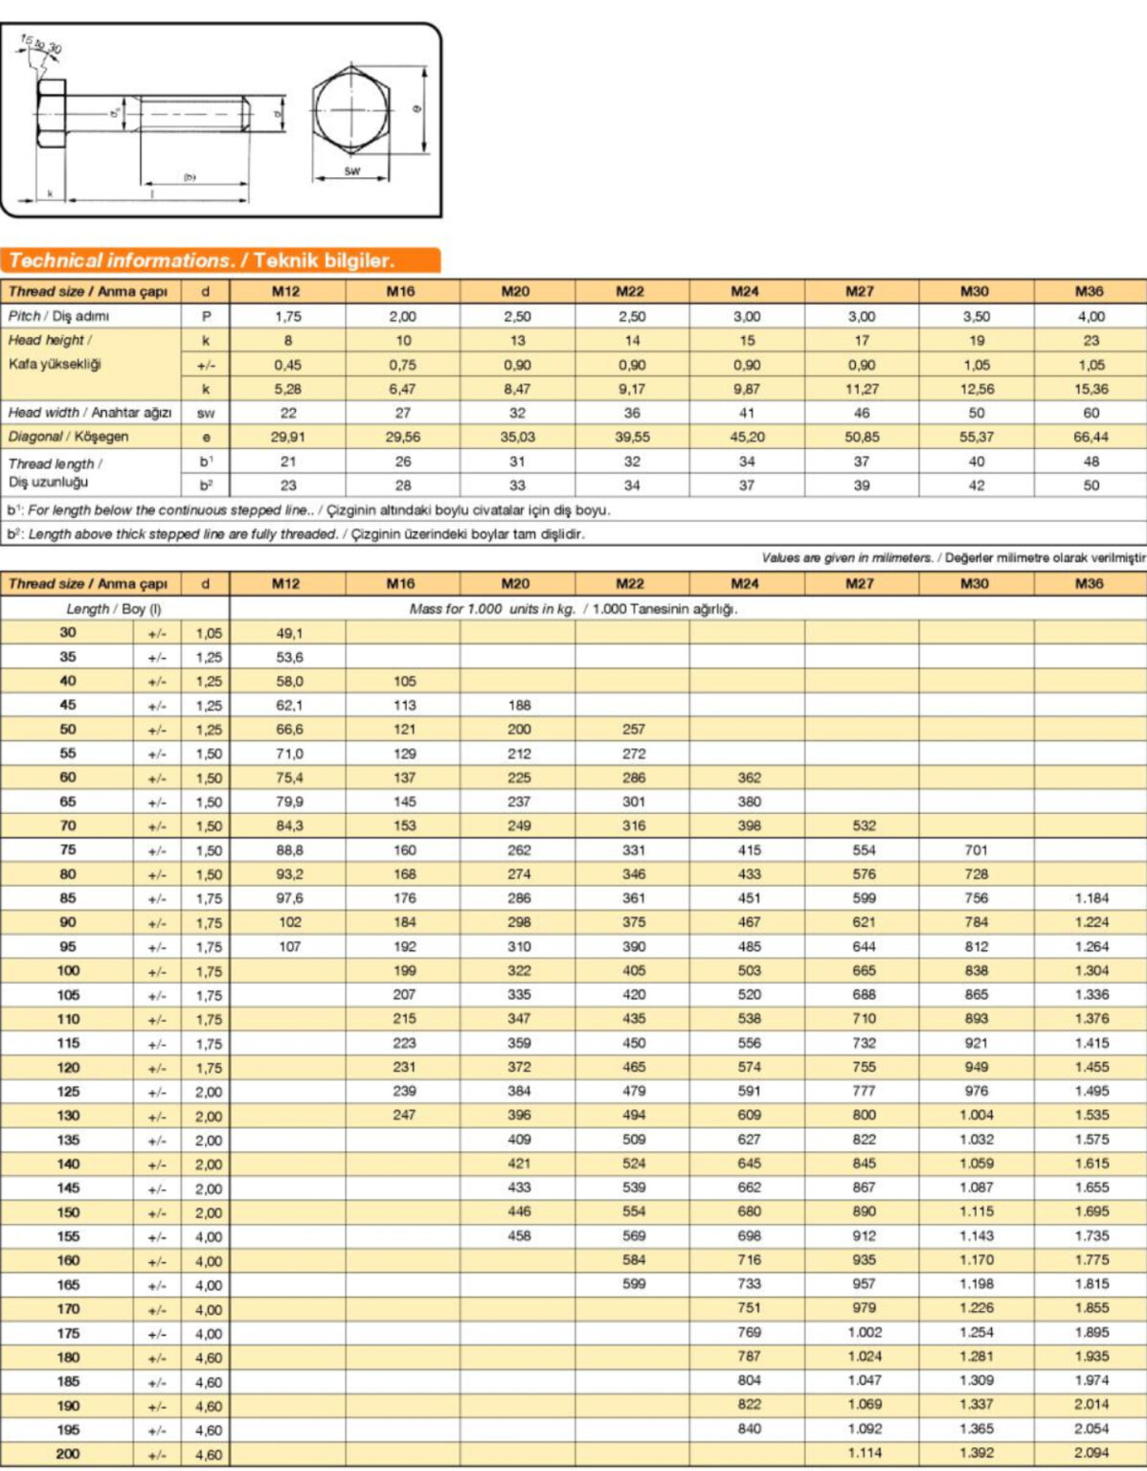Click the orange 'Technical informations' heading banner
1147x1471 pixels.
click(220, 260)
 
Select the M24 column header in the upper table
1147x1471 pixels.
click(745, 291)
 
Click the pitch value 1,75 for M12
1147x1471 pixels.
click(288, 316)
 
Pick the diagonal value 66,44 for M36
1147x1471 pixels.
click(1091, 437)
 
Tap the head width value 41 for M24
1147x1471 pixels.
click(747, 413)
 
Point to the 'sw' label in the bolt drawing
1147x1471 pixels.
click(352, 170)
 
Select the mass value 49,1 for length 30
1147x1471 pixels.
click(289, 633)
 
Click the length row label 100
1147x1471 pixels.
click(68, 970)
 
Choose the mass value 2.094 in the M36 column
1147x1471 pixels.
click(1091, 1453)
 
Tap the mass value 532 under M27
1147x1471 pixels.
click(864, 826)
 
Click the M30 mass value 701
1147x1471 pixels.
click(976, 849)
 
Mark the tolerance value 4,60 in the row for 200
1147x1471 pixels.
click(208, 1455)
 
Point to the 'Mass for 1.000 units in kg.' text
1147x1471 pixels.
click(492, 609)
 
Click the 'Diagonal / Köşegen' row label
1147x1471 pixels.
click(68, 437)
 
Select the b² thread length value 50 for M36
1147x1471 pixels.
click(1091, 486)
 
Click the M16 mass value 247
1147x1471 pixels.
click(404, 1115)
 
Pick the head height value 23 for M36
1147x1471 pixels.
click(1091, 340)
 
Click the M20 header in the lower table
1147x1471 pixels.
click(515, 583)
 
